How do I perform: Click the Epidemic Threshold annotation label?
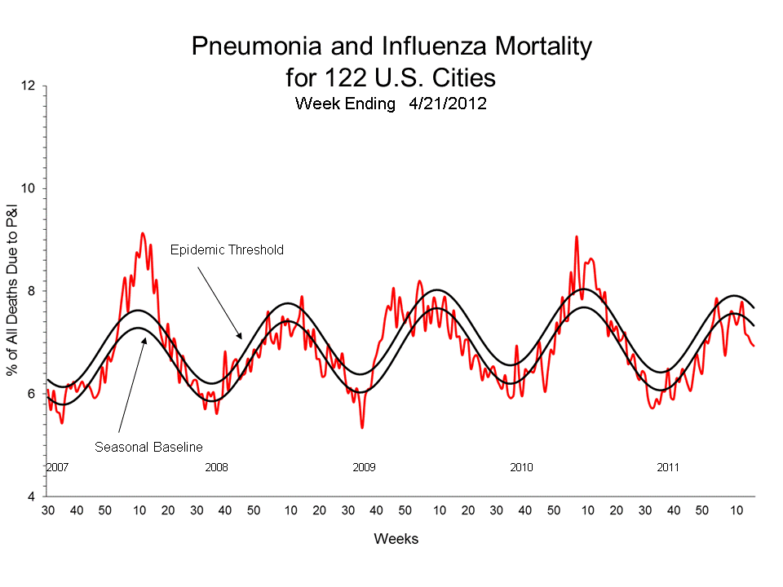click(x=227, y=250)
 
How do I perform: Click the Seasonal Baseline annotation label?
click(x=148, y=447)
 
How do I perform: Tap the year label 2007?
click(x=56, y=468)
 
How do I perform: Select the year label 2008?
click(x=216, y=468)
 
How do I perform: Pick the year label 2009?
click(x=364, y=468)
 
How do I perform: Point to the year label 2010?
click(x=521, y=468)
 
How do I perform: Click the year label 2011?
click(x=669, y=468)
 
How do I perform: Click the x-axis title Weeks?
click(x=396, y=540)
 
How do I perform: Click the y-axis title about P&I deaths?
click(x=13, y=291)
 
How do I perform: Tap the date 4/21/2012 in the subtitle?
click(x=442, y=104)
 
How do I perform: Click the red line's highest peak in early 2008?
click(x=143, y=233)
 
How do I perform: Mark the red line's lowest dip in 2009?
click(x=362, y=427)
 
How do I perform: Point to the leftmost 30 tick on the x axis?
click(x=48, y=510)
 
